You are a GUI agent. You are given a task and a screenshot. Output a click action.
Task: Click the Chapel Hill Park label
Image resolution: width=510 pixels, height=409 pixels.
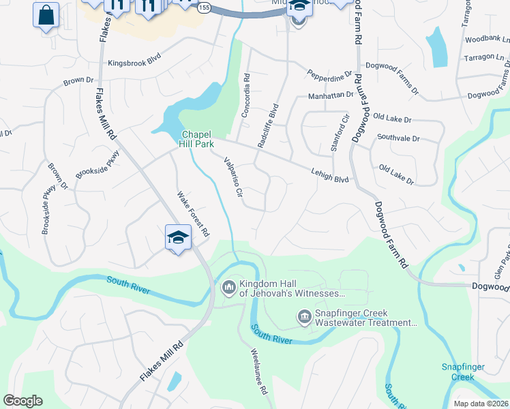197,139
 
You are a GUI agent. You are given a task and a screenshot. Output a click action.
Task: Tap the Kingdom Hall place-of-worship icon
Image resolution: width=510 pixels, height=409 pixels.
228,286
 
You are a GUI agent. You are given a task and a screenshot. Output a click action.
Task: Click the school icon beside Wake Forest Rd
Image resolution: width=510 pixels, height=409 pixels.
178,237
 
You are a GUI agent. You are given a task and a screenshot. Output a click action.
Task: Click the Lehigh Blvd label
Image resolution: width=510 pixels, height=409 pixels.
330,175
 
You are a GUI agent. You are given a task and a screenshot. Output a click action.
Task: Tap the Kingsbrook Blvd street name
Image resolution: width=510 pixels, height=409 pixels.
136,63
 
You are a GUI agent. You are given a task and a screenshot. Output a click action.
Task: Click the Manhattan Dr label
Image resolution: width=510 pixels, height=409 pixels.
331,95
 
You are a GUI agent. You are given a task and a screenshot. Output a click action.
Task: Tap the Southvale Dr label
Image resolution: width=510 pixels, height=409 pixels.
399,138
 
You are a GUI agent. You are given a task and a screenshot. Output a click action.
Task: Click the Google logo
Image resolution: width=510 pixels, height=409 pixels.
22,401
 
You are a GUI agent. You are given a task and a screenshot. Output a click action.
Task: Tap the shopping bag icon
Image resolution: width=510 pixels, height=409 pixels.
46,15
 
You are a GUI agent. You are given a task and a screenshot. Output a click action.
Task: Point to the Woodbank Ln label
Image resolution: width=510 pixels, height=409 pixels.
487,40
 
